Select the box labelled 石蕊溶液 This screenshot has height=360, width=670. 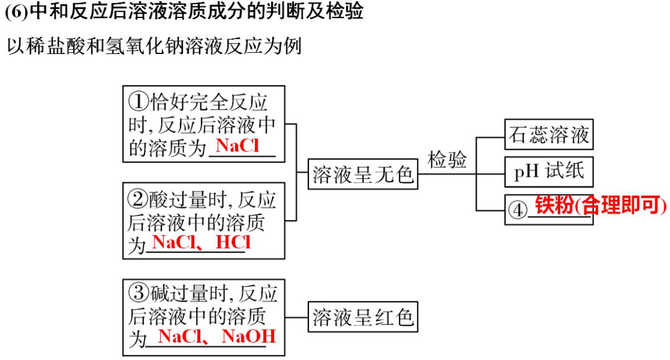click(548, 135)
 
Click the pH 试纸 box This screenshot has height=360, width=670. click(548, 172)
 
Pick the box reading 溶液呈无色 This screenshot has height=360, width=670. click(363, 174)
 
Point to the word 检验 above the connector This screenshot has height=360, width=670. click(447, 160)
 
